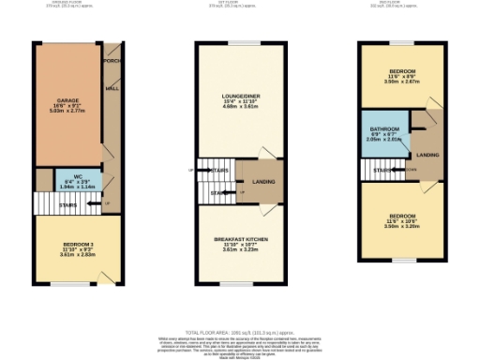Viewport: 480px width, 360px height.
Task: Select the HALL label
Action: click(x=112, y=90)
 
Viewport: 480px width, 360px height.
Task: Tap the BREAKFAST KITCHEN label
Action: click(x=241, y=240)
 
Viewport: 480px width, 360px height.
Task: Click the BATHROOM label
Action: click(x=382, y=128)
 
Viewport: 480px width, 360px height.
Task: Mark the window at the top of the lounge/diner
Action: click(x=240, y=44)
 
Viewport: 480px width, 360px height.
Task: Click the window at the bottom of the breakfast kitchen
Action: click(x=239, y=284)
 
